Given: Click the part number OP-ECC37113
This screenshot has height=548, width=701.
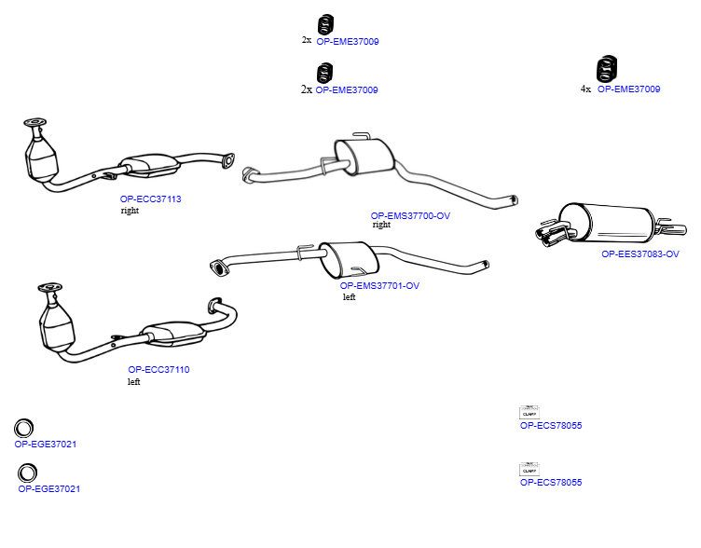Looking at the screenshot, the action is pyautogui.click(x=150, y=199).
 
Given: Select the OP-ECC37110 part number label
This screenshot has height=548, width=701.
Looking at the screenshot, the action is pyautogui.click(x=158, y=370).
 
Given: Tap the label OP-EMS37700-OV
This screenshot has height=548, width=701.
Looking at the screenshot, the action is pyautogui.click(x=410, y=215).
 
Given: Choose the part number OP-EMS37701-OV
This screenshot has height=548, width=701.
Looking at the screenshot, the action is pyautogui.click(x=379, y=285).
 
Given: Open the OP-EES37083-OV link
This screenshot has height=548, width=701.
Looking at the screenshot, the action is pyautogui.click(x=640, y=253).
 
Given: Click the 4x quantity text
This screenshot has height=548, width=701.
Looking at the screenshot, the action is pyautogui.click(x=585, y=89).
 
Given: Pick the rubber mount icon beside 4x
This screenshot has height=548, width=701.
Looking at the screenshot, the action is pyautogui.click(x=607, y=69).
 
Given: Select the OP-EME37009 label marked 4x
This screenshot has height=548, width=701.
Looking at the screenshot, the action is pyautogui.click(x=628, y=89).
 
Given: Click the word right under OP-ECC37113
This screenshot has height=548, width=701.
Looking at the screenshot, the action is pyautogui.click(x=130, y=211).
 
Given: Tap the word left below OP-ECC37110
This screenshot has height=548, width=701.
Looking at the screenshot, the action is pyautogui.click(x=133, y=382).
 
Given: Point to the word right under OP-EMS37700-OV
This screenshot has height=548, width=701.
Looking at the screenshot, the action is pyautogui.click(x=381, y=225).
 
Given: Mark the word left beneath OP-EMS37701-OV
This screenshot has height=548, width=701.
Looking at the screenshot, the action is pyautogui.click(x=350, y=297).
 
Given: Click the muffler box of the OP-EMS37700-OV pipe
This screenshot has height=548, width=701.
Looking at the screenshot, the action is pyautogui.click(x=364, y=156).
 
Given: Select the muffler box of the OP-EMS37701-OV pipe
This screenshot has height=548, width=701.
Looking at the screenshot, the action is pyautogui.click(x=350, y=259).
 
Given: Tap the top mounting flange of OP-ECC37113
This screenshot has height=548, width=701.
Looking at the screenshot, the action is pyautogui.click(x=34, y=122).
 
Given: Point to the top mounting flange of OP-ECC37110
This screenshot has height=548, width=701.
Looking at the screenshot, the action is pyautogui.click(x=50, y=287).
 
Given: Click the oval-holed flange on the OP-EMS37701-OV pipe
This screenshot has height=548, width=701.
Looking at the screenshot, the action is pyautogui.click(x=218, y=267).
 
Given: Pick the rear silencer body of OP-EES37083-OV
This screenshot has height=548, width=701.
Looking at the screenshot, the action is pyautogui.click(x=610, y=224).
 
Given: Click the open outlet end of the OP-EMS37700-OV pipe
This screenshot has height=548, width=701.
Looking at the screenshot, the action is pyautogui.click(x=515, y=199).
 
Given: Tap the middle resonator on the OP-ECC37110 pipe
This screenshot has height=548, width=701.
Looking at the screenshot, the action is pyautogui.click(x=172, y=333).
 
